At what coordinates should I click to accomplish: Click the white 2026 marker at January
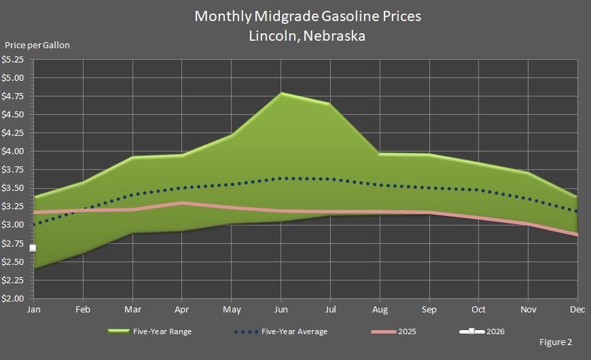click(33, 249)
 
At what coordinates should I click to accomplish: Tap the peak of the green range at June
click(281, 93)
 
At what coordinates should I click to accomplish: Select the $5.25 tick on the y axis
click(13, 59)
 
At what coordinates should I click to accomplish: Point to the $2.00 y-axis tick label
click(13, 299)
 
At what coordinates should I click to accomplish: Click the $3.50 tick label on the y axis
click(13, 188)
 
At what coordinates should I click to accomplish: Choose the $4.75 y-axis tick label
click(13, 96)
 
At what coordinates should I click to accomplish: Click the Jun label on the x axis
click(281, 310)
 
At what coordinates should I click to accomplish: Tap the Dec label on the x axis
click(577, 310)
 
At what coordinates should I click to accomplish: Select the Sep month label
click(429, 310)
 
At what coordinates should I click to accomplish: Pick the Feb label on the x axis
click(83, 310)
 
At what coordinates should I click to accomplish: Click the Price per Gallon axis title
click(37, 46)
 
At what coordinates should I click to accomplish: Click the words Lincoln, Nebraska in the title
click(308, 36)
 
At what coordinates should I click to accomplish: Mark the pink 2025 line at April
click(181, 203)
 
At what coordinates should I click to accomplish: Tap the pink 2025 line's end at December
click(576, 235)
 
